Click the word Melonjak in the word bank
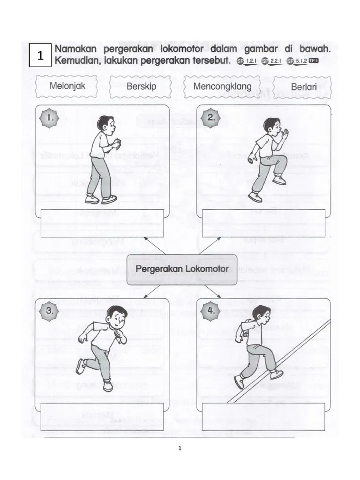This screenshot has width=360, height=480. tap(67, 86)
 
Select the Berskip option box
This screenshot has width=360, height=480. tap(141, 87)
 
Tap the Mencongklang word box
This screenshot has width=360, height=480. tap(222, 87)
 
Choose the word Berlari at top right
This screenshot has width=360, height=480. tap(302, 87)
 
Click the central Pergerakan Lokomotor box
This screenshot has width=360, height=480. tap(182, 269)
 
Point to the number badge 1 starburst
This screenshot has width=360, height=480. tap(50, 119)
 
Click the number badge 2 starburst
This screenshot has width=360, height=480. tap(211, 118)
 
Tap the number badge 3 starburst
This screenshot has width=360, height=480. tap(50, 310)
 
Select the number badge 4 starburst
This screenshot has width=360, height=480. tap(211, 310)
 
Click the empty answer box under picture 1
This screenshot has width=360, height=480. tap(103, 223)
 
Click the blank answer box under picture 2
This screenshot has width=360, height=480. tap(263, 223)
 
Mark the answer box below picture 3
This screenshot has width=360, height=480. tap(102, 416)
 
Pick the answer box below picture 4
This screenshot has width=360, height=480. tap(263, 416)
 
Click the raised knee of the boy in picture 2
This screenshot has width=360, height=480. tap(281, 160)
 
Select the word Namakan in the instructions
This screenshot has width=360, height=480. tap(77, 49)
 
